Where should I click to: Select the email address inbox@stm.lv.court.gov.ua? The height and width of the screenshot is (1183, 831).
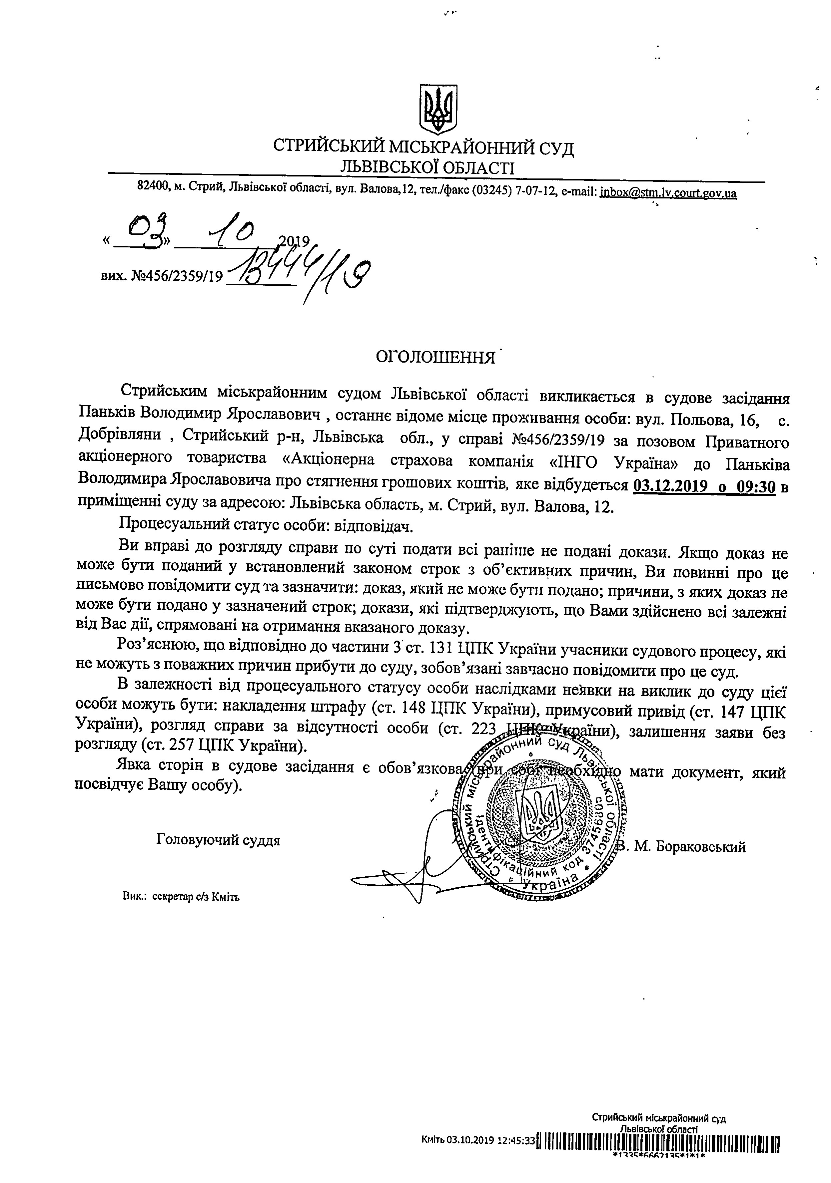668,193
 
